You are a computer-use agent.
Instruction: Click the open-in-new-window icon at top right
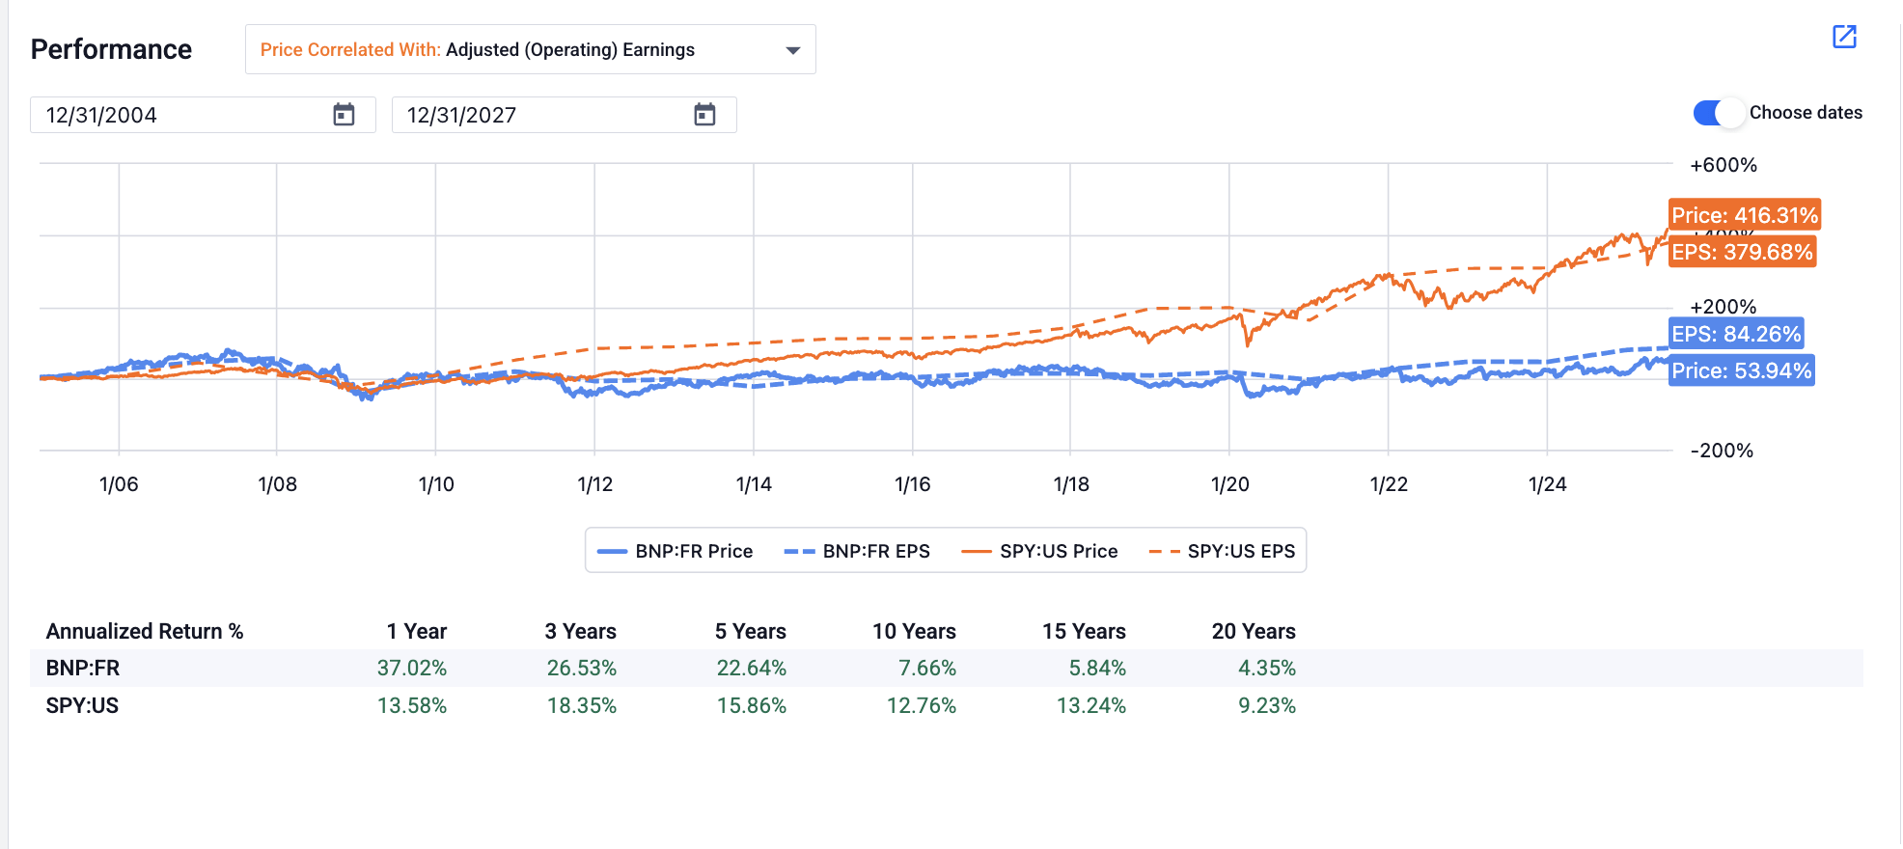tap(1844, 37)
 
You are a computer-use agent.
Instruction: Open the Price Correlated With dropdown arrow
tap(793, 50)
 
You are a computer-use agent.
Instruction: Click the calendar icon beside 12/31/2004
tap(344, 115)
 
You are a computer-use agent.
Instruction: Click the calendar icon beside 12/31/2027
tap(704, 115)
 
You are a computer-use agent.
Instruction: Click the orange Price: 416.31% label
tap(1744, 215)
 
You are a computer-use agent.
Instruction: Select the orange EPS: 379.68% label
tap(1742, 252)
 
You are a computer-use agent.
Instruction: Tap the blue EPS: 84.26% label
tap(1736, 334)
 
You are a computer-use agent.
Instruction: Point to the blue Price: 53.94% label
tap(1741, 370)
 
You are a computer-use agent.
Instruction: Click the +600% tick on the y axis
tap(1723, 165)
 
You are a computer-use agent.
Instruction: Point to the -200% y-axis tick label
tap(1722, 451)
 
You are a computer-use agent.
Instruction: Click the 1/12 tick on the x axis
tap(594, 484)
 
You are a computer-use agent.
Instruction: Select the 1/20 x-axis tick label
tap(1229, 484)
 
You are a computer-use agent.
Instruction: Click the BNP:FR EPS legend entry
tap(857, 551)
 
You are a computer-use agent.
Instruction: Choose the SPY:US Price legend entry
tap(1039, 551)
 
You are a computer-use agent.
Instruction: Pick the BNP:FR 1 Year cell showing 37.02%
tap(411, 668)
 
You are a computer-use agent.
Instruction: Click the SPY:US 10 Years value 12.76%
tap(921, 705)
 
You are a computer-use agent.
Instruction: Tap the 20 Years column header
tap(1253, 631)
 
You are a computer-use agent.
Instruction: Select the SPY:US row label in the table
tap(82, 705)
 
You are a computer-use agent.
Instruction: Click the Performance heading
tap(111, 49)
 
